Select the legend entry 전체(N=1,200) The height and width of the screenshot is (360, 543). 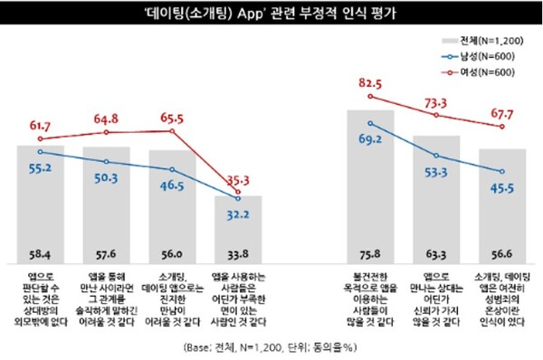click(x=479, y=42)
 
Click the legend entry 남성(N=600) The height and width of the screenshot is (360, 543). click(x=479, y=57)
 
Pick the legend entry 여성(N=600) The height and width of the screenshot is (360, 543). click(x=479, y=71)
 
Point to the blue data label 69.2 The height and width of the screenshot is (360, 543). click(x=369, y=141)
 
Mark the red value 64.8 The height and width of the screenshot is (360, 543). click(x=107, y=117)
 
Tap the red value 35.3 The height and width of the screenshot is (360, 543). click(x=237, y=180)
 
